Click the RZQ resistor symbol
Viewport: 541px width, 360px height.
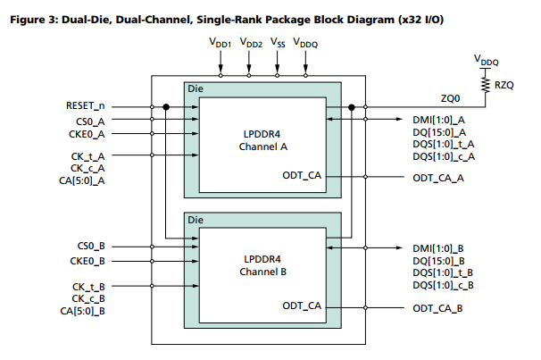point(484,87)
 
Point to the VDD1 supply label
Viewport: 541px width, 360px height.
point(220,42)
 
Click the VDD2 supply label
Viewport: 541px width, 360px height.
point(249,42)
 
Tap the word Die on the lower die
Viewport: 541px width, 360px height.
point(196,219)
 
